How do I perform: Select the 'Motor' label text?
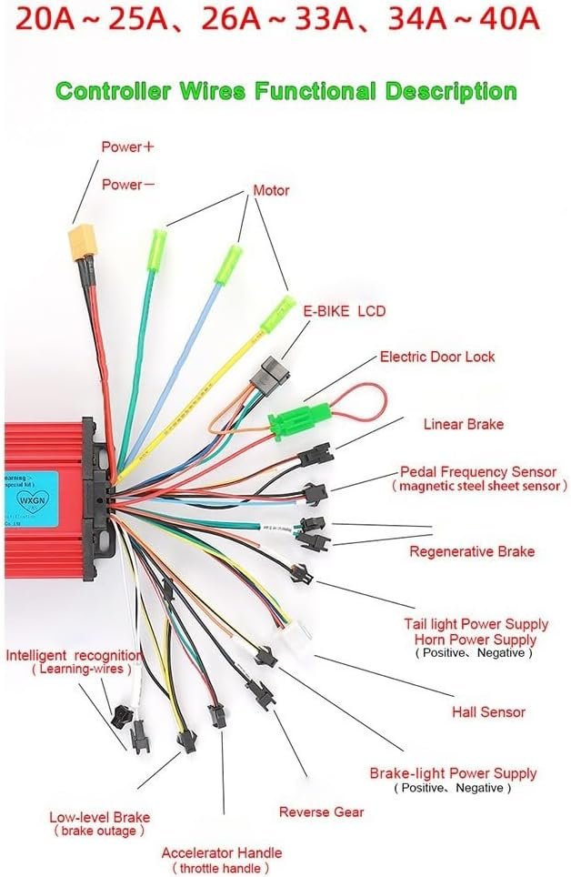tap(270, 190)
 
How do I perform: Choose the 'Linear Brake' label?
tap(463, 424)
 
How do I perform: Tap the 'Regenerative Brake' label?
tap(471, 551)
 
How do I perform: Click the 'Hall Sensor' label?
tap(488, 712)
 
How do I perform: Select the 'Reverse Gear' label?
tap(321, 811)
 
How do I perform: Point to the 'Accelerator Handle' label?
tap(221, 853)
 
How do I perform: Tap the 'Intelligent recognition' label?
tap(73, 655)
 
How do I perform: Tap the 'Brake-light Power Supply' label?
tap(452, 773)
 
